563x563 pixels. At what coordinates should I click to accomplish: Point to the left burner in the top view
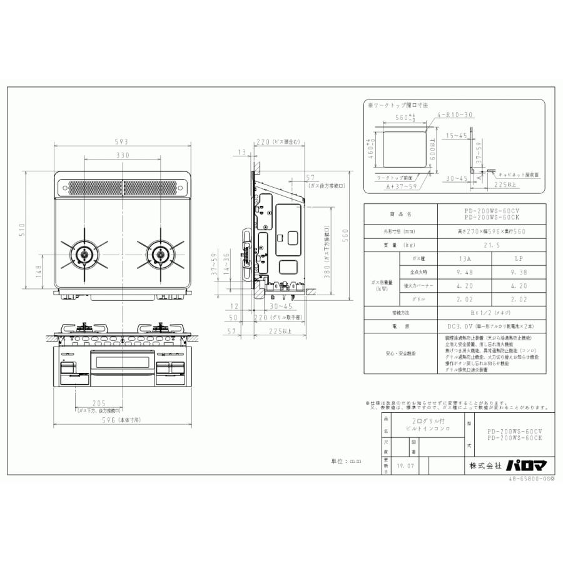[85, 255]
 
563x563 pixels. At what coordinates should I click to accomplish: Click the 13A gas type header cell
[445, 258]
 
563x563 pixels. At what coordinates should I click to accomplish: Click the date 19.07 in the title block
[405, 465]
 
